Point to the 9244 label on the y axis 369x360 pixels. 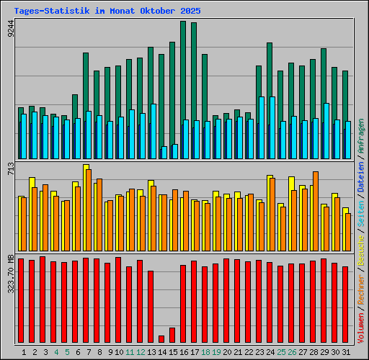pos(9,29)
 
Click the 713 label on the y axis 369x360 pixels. pos(9,170)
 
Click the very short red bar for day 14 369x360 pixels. pos(161,339)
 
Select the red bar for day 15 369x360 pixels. pos(172,335)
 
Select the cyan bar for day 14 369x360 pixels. pos(164,153)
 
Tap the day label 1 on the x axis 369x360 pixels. pos(24,352)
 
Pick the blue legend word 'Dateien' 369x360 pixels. pos(361,177)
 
